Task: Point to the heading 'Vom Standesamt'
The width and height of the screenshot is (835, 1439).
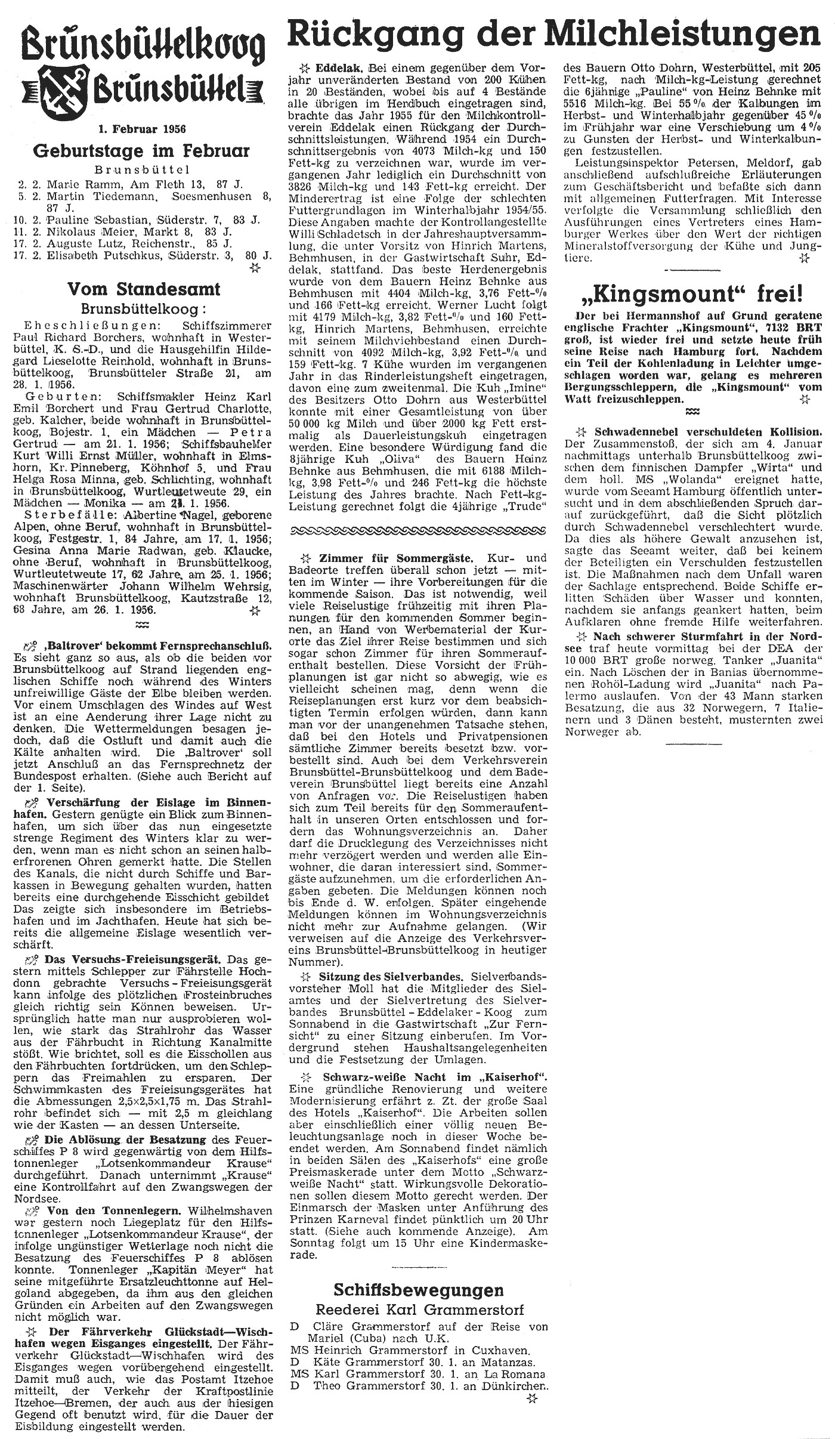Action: click(x=143, y=289)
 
